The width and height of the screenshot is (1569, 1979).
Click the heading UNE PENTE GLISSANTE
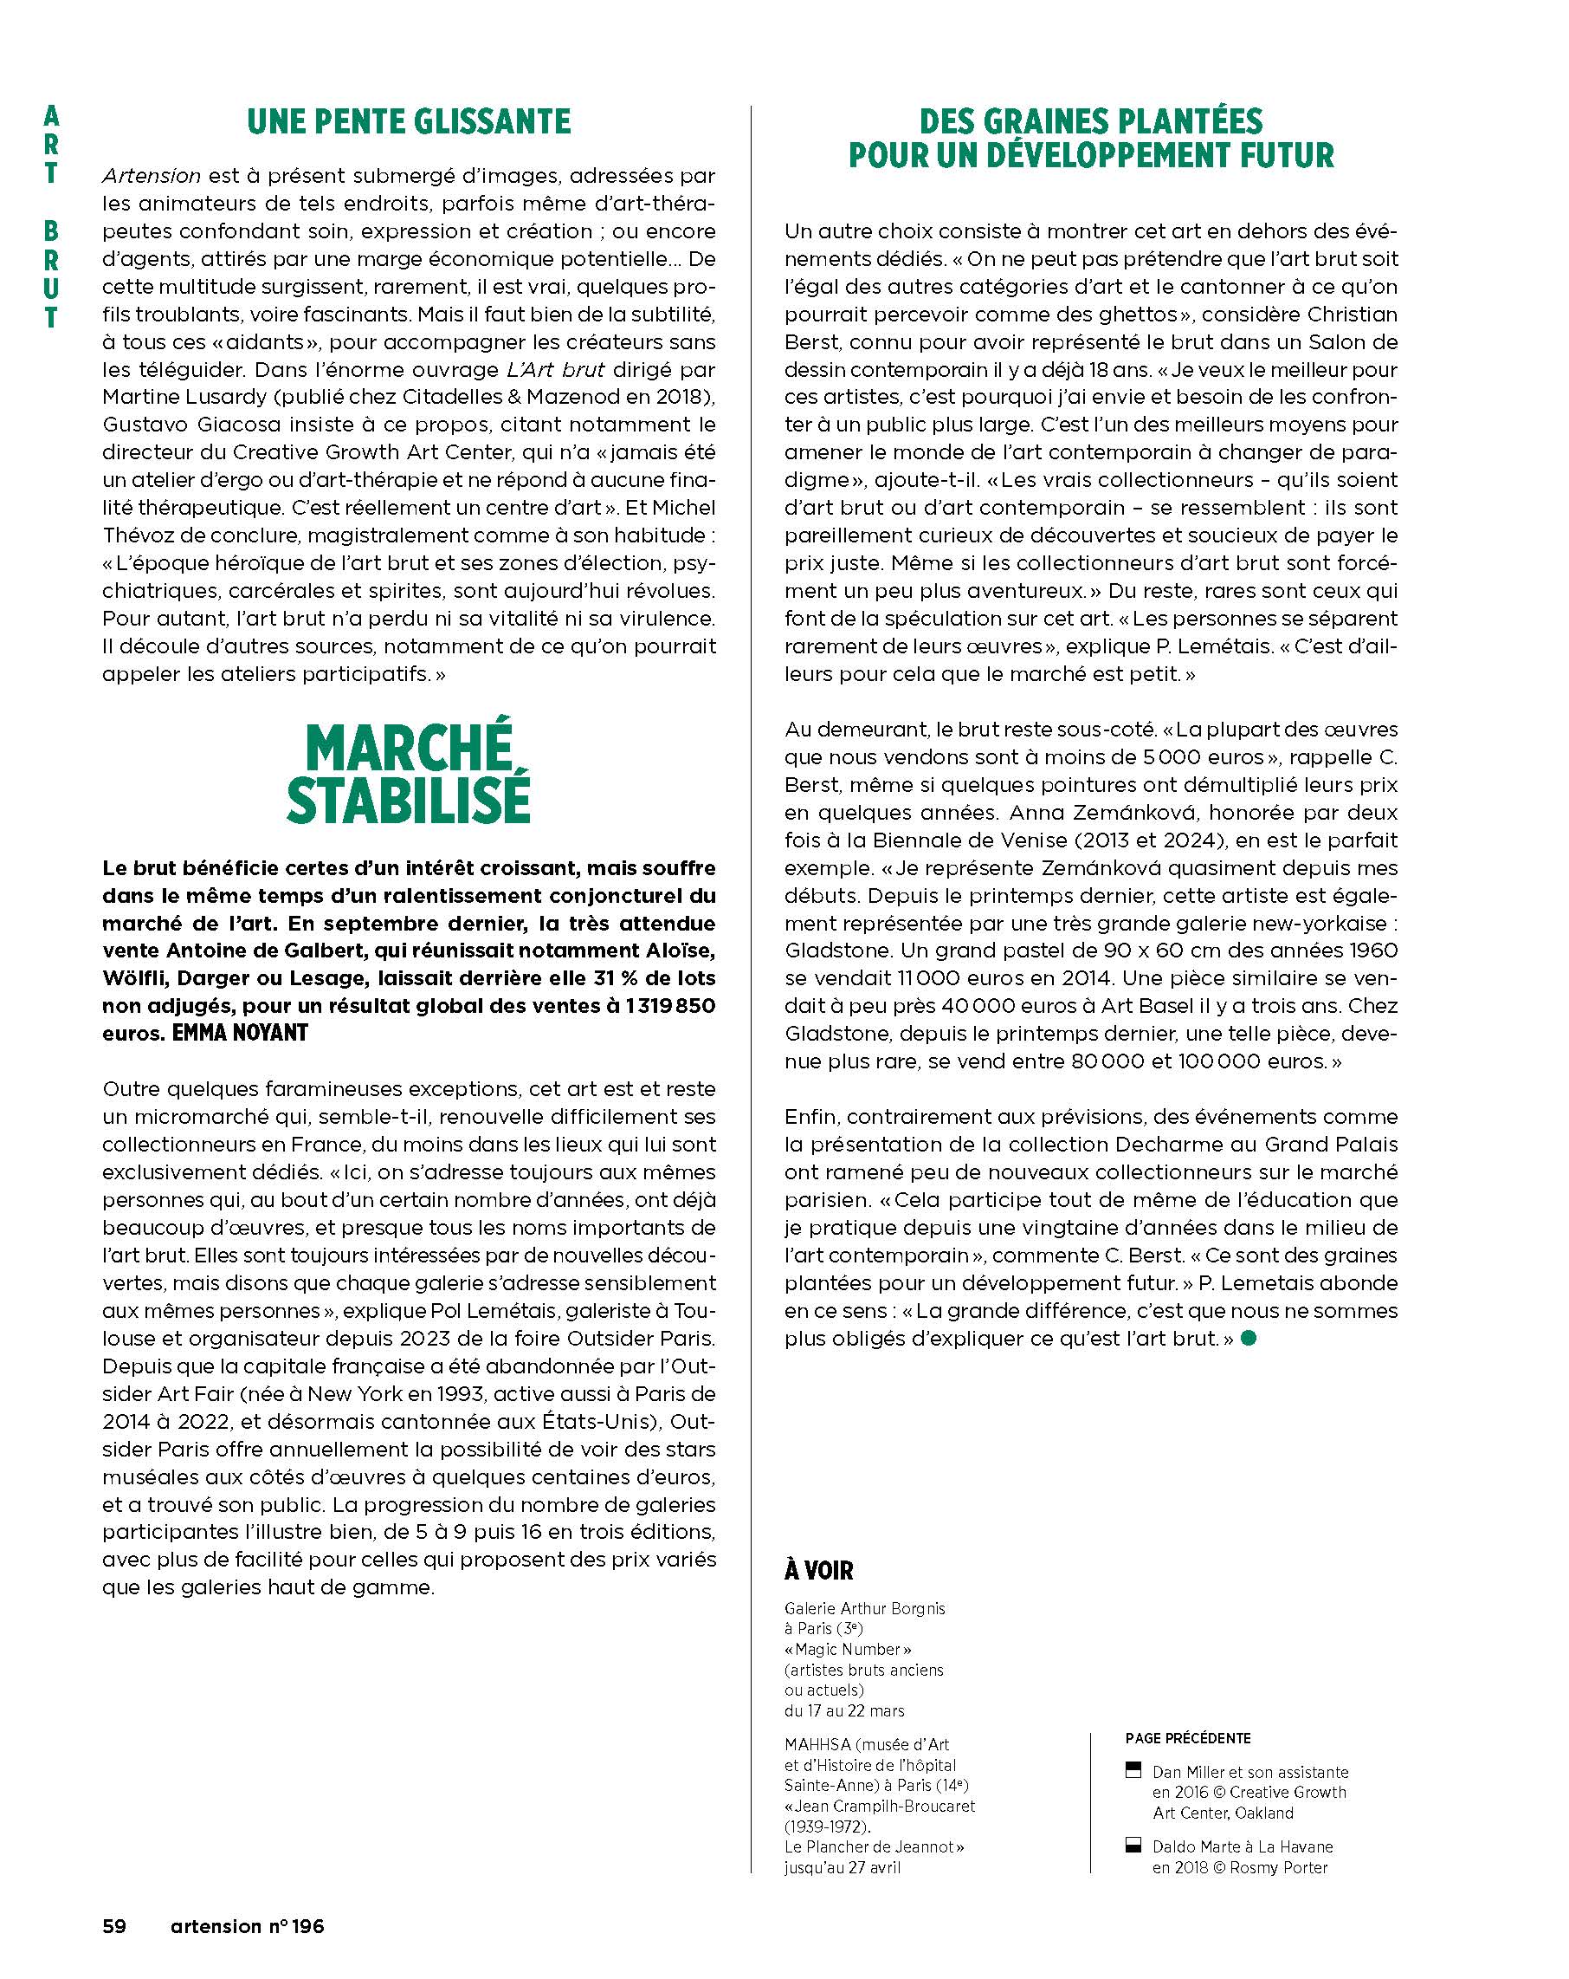(x=409, y=121)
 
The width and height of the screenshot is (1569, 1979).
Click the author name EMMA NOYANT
(x=240, y=1034)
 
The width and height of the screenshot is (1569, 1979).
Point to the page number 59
(x=113, y=1924)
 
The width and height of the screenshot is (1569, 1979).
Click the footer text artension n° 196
(x=247, y=1924)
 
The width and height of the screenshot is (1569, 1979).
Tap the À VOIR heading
(x=818, y=1571)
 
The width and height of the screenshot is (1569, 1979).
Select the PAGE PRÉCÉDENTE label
(x=1187, y=1737)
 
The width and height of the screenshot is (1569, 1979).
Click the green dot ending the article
(x=1247, y=1339)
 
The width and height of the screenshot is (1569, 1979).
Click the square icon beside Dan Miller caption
(x=1133, y=1768)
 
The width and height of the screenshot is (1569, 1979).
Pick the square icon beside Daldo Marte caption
(x=1133, y=1845)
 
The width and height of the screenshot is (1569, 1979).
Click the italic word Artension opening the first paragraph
(x=152, y=175)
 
